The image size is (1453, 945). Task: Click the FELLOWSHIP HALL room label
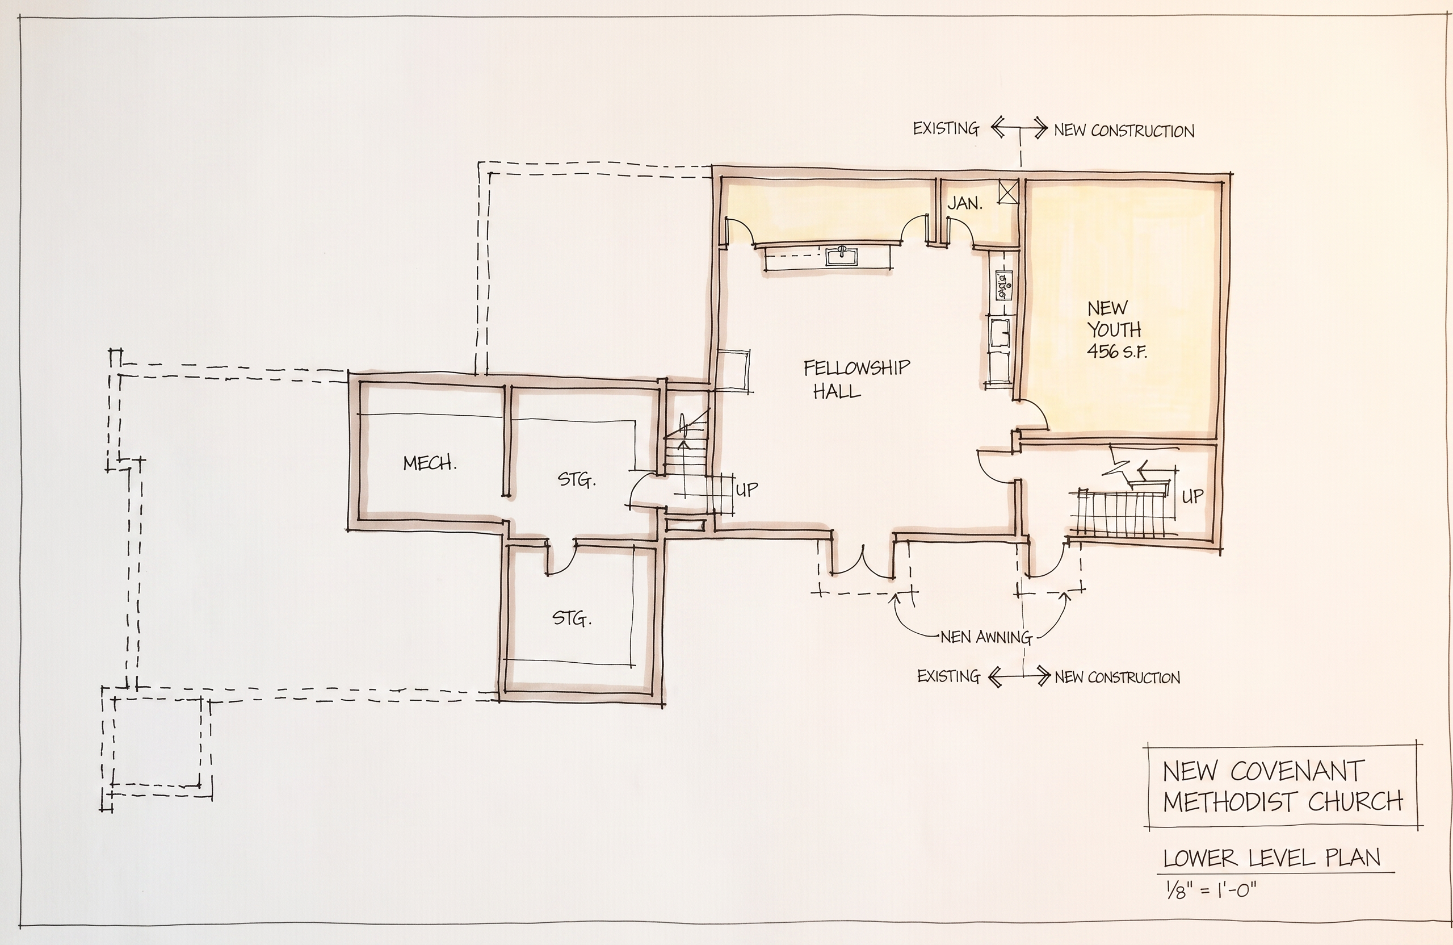click(856, 379)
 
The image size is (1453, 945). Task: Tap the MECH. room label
click(430, 463)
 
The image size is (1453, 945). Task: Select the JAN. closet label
click(964, 203)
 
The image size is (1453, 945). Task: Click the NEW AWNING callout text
click(986, 637)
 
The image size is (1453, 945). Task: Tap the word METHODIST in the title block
click(1229, 802)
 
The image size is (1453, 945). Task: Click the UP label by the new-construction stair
click(1193, 496)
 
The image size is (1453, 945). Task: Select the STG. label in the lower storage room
click(572, 619)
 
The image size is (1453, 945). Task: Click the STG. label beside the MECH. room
click(576, 480)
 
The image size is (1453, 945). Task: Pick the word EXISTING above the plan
click(946, 128)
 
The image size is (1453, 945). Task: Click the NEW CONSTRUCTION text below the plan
click(1117, 678)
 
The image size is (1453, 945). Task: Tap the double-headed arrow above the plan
click(1019, 128)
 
